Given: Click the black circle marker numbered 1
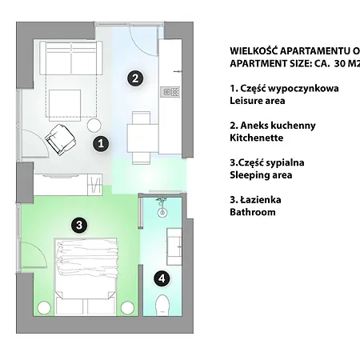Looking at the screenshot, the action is [101, 144].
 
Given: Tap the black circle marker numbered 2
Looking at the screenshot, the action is [135, 78].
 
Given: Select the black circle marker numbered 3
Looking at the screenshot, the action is [79, 226].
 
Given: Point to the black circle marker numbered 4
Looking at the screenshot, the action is [162, 278].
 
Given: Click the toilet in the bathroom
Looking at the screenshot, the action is [162, 306].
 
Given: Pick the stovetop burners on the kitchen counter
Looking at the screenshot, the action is [170, 92].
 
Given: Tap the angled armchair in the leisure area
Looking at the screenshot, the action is [60, 140].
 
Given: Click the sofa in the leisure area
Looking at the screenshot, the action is [71, 58].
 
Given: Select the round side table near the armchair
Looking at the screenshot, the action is [94, 126].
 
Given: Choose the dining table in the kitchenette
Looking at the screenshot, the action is [142, 138].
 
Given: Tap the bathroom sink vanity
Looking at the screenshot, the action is [174, 246].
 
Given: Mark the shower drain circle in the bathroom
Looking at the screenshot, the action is [162, 213].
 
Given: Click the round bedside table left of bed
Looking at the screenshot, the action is [44, 308].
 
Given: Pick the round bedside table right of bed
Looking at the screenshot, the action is [127, 308].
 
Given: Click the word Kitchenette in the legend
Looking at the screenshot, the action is [257, 138].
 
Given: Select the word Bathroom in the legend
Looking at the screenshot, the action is [253, 212].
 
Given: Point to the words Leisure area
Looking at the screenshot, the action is [258, 101].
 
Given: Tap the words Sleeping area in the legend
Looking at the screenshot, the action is [261, 175].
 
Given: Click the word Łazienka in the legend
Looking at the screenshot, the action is [261, 200].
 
